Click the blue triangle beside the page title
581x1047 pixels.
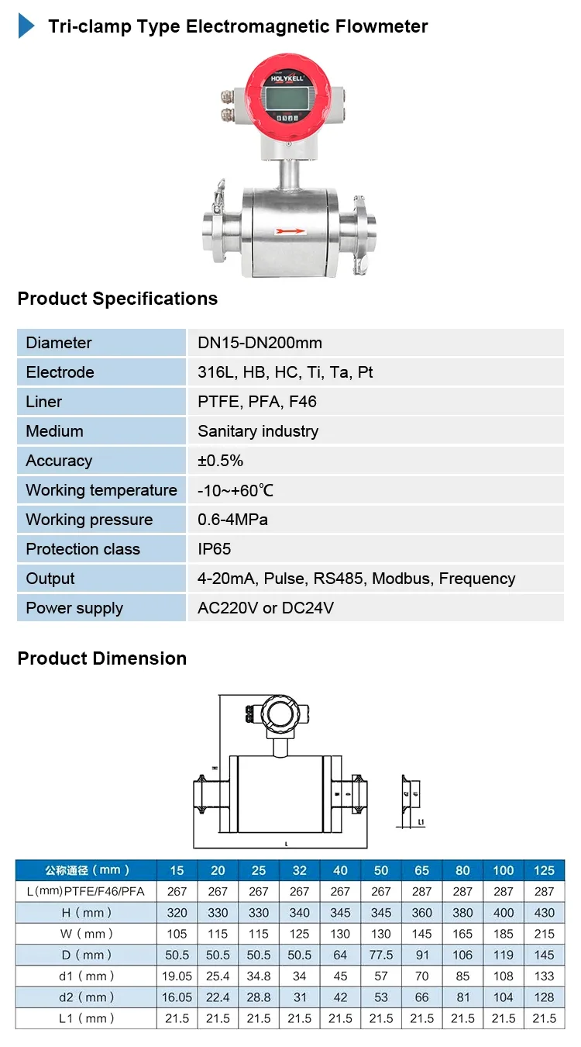click(26, 26)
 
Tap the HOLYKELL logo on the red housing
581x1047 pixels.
click(289, 78)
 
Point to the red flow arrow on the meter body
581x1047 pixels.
click(291, 230)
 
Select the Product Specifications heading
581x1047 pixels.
click(118, 299)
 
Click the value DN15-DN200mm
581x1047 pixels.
click(260, 343)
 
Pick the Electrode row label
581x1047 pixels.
click(60, 372)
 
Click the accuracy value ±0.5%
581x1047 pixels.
click(220, 461)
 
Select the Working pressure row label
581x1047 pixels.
click(89, 520)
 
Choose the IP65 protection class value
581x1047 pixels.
click(214, 549)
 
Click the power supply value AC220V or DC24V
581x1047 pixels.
click(265, 608)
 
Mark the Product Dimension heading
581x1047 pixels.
click(102, 658)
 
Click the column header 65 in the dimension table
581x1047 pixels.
click(422, 870)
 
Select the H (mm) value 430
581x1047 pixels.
click(544, 913)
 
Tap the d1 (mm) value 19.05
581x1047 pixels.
click(177, 976)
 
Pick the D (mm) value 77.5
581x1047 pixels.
click(381, 955)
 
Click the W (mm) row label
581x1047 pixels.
click(87, 934)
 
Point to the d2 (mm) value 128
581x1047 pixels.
click(544, 997)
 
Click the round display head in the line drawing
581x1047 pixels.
click(279, 712)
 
